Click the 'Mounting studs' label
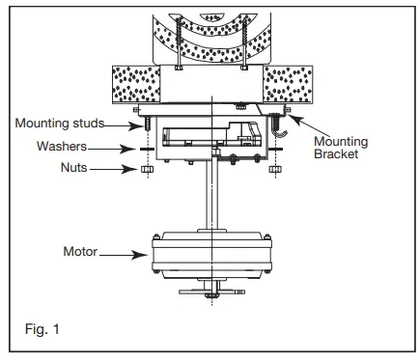click(60, 124)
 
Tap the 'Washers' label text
click(62, 146)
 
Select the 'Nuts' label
click(74, 167)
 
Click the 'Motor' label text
click(80, 251)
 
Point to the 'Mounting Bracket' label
click(341, 148)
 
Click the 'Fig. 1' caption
click(42, 329)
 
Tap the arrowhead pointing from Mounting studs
click(135, 125)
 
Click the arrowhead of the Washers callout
click(128, 149)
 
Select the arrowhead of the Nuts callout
click(130, 169)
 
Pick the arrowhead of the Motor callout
click(140, 256)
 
